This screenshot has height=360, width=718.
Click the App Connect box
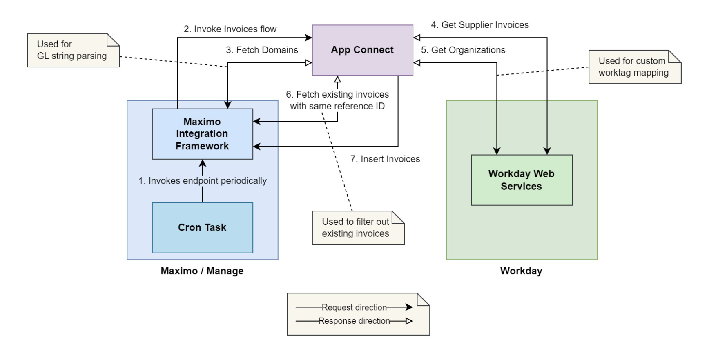pyautogui.click(x=362, y=50)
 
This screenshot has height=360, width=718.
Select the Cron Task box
pyautogui.click(x=202, y=227)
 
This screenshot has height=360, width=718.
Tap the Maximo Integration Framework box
pyautogui.click(x=202, y=133)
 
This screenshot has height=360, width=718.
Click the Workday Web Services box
pyautogui.click(x=521, y=180)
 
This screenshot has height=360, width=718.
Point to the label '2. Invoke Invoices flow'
pyautogui.click(x=230, y=29)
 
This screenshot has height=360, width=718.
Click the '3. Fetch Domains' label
pyautogui.click(x=262, y=50)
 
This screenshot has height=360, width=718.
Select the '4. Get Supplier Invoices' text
pyautogui.click(x=479, y=25)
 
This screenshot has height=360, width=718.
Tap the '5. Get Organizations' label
pyautogui.click(x=463, y=50)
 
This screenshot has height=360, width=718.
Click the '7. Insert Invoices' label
pyautogui.click(x=385, y=159)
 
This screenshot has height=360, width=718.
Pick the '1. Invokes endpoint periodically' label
pyautogui.click(x=202, y=180)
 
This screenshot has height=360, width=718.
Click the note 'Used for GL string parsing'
pyautogui.click(x=72, y=50)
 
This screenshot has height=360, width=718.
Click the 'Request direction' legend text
pyautogui.click(x=354, y=307)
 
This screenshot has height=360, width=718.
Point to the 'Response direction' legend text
pyautogui.click(x=354, y=321)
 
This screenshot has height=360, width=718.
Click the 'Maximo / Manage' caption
pyautogui.click(x=202, y=271)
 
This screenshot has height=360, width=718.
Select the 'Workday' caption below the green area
pyautogui.click(x=521, y=271)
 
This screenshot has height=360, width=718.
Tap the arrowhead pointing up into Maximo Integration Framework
pyautogui.click(x=203, y=163)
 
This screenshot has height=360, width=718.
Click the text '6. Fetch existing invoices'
pyautogui.click(x=337, y=94)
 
